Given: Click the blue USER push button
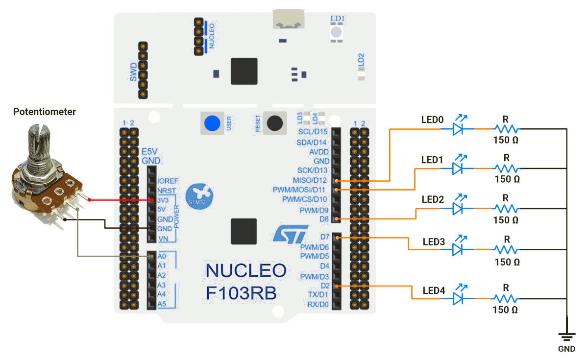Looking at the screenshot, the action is coord(212,123).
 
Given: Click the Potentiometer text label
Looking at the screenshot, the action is coord(45,112).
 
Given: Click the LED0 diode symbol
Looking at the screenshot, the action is coord(458,129).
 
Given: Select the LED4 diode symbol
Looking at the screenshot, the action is coord(458,299).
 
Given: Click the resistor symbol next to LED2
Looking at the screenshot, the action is coord(506,209).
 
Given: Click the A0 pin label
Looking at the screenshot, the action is coord(162,256).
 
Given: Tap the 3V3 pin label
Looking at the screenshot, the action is coord(163,200).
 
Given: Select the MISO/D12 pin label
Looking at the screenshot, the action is coord(310,181).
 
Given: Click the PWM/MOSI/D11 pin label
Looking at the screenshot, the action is coord(299,190).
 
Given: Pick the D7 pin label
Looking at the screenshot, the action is coord(325,237).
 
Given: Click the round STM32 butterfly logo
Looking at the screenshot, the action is coord(199,196).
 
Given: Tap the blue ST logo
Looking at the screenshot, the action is coord(290,234).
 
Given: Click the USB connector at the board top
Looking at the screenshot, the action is coord(289,19).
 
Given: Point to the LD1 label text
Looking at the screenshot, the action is coord(337,19).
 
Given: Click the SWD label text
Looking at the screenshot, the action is coord(133,72).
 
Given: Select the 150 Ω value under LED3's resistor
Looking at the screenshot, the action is coord(507,262).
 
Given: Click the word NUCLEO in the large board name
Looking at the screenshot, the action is coord(246,270).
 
